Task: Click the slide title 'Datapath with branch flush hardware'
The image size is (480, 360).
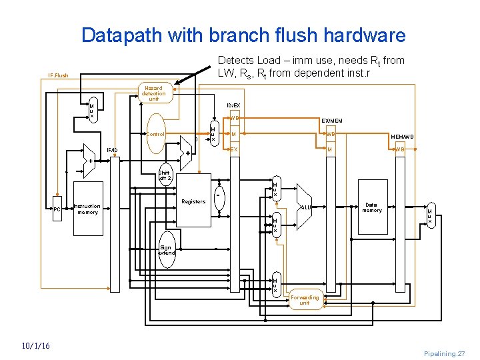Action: [243, 35]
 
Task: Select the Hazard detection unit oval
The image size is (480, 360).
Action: [153, 94]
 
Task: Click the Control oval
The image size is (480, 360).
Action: [156, 134]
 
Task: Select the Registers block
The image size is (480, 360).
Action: [193, 201]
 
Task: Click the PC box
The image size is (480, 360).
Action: [57, 209]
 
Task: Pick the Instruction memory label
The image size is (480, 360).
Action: [87, 209]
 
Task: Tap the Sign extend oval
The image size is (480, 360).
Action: [166, 250]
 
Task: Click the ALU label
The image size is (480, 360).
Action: [306, 207]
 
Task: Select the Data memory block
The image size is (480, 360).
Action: [373, 207]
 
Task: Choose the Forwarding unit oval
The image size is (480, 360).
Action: [304, 300]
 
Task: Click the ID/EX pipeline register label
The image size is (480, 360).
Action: [234, 105]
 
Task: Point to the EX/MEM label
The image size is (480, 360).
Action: [331, 121]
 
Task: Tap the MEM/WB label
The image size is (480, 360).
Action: [402, 137]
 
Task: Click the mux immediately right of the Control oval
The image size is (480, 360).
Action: [212, 134]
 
